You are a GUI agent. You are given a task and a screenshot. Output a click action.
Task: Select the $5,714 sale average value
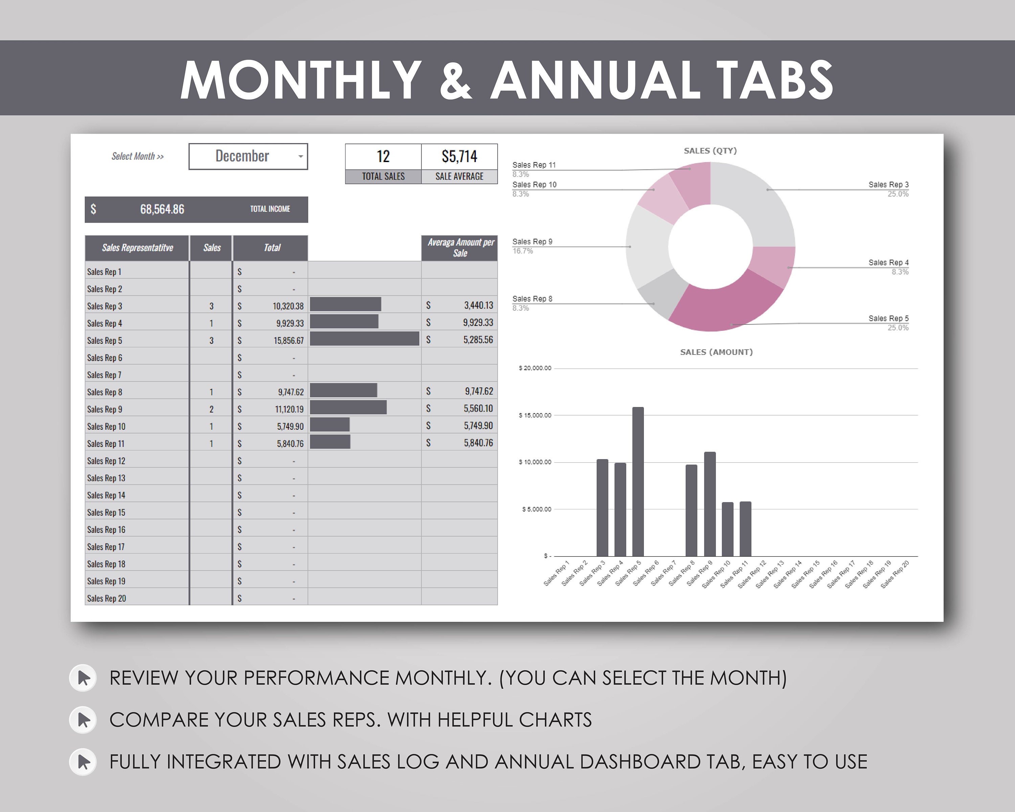coord(459,156)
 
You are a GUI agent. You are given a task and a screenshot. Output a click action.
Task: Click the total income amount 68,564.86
coord(162,209)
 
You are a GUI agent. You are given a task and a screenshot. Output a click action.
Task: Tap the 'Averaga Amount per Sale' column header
coord(460,248)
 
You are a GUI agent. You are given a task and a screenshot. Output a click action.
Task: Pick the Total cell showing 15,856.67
coord(288,340)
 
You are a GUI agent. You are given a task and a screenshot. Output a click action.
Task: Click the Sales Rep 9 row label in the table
coord(105,409)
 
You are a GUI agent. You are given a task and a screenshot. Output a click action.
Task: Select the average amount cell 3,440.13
coord(478,306)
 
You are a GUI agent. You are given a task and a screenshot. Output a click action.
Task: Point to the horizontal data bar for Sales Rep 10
coord(330,425)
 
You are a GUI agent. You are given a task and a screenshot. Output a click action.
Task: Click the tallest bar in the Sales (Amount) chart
coord(638,481)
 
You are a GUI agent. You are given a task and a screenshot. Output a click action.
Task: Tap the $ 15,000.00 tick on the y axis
coord(535,415)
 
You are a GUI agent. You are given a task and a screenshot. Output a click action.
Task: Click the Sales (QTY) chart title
coord(710,151)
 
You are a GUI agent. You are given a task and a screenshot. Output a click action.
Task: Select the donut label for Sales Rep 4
coord(888,263)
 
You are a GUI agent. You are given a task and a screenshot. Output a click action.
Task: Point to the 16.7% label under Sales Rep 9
coord(523,251)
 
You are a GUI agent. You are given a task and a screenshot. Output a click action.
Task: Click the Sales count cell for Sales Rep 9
coord(211,409)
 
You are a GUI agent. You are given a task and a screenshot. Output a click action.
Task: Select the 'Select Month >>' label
coord(137,156)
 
